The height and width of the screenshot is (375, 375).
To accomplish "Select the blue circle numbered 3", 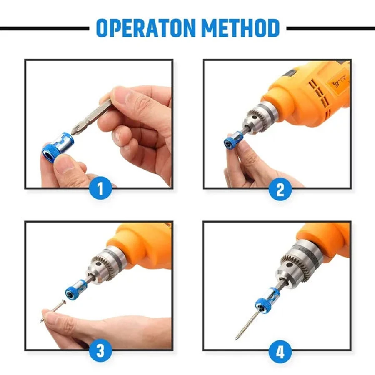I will [100, 351].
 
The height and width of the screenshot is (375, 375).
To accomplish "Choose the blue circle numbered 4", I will [280, 351].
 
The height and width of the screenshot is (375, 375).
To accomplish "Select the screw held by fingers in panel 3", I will [54, 311].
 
